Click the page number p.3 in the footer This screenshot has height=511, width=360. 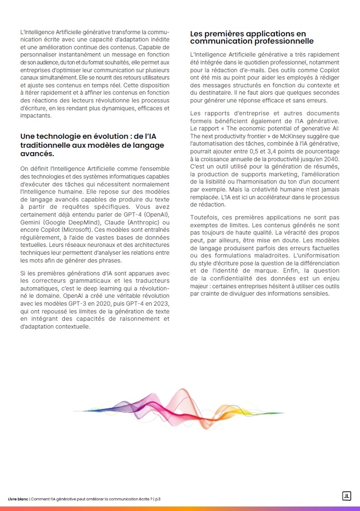click(157, 498)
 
